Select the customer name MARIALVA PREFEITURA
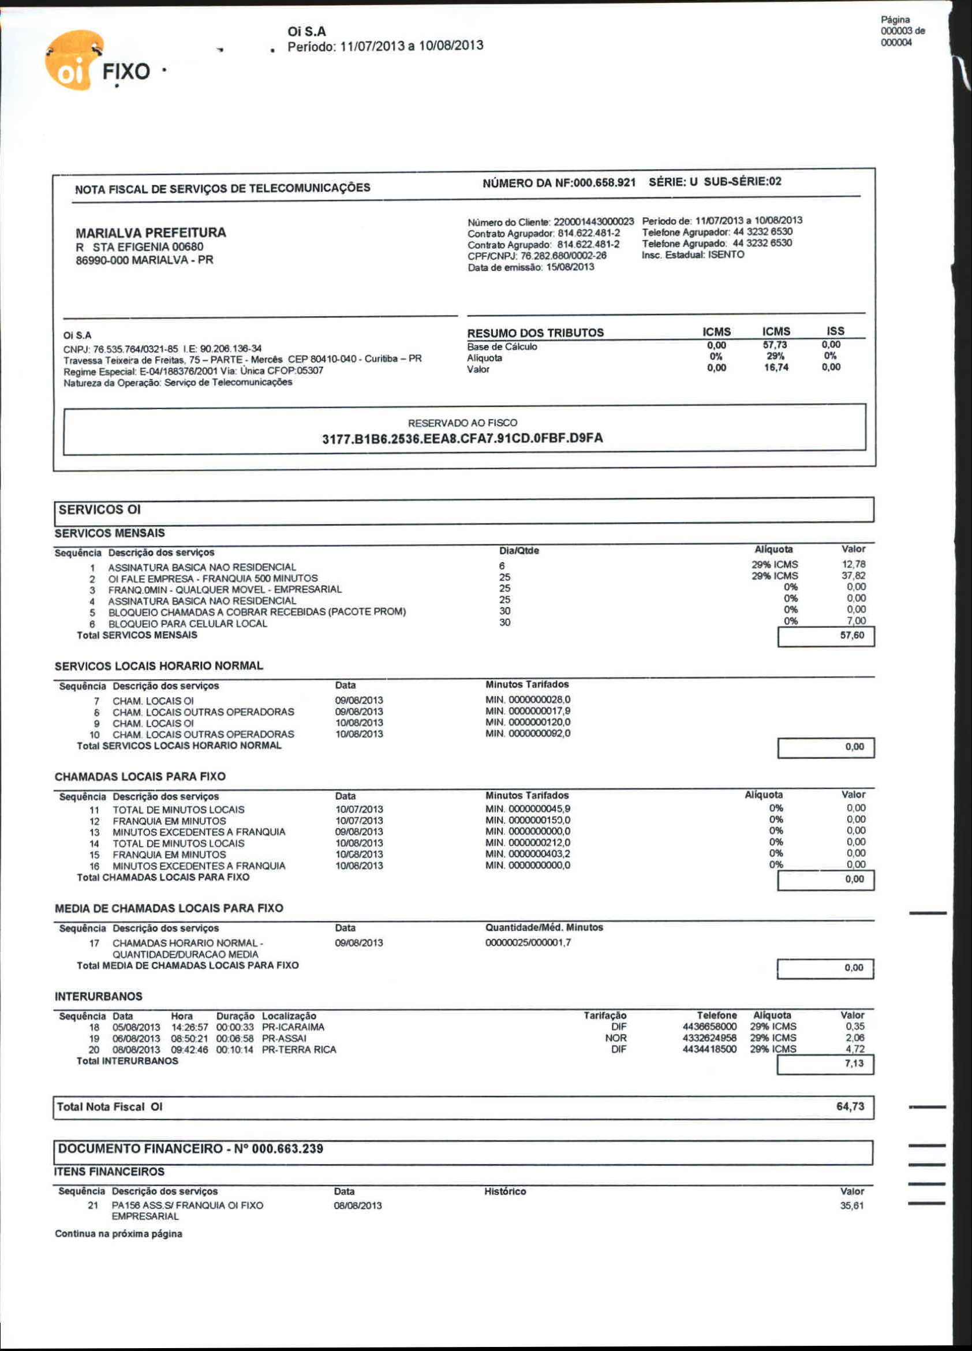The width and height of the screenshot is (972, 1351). [x=151, y=233]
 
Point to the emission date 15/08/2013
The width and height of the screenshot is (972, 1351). [x=570, y=267]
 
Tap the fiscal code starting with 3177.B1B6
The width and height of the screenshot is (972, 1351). [x=462, y=439]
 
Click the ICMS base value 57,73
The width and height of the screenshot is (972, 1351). [x=775, y=345]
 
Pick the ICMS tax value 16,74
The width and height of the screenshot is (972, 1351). [x=776, y=368]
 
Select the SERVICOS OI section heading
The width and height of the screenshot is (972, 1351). [x=99, y=510]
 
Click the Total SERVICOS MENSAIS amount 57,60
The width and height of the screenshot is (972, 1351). [x=851, y=635]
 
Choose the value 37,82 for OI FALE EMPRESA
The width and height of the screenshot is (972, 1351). [x=854, y=575]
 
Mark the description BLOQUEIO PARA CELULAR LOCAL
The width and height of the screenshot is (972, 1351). [x=188, y=624]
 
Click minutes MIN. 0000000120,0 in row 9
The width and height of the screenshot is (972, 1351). [x=528, y=723]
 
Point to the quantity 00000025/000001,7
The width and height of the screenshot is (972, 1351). [x=528, y=943]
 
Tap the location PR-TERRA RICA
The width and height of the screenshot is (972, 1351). [x=299, y=1050]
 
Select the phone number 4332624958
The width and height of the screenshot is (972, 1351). [x=709, y=1038]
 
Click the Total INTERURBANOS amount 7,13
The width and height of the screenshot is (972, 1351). [x=854, y=1063]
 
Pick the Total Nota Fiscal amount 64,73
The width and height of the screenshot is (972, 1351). [x=850, y=1106]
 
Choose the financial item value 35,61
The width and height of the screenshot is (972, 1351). [x=851, y=1206]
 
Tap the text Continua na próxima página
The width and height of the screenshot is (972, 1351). [x=118, y=1234]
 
